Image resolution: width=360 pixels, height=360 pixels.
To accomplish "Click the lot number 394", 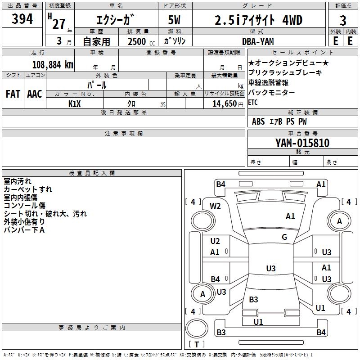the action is [x=22, y=19].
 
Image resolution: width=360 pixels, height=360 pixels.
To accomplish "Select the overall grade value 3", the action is [x=343, y=21].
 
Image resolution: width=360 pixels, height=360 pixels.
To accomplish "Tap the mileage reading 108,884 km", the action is [x=53, y=65].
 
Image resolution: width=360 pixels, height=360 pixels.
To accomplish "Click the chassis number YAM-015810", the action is [x=302, y=143].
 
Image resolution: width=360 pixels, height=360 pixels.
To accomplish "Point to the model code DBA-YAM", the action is [x=258, y=41].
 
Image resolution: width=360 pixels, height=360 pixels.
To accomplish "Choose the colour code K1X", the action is [x=75, y=104].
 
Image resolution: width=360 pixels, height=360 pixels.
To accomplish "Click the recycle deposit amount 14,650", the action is [x=224, y=104].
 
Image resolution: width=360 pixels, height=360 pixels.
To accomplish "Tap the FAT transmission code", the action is [x=13, y=94].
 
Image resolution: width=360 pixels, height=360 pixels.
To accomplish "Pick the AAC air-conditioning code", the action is [x=35, y=94].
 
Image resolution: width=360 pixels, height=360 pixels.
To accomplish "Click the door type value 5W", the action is [x=174, y=20].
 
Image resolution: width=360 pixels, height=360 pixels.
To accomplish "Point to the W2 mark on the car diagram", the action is [x=215, y=206].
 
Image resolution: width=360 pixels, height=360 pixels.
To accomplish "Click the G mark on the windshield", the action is [x=284, y=237].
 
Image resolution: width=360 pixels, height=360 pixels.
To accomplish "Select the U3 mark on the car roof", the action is [x=271, y=268].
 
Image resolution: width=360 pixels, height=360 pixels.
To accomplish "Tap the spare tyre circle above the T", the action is [x=197, y=328].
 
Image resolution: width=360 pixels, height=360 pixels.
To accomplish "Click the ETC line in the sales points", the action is [x=253, y=102].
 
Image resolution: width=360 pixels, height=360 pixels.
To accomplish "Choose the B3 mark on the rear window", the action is [x=253, y=299].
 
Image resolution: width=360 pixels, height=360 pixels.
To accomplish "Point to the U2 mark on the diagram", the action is [x=215, y=241].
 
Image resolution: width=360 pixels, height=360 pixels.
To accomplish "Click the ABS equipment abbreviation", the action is [x=258, y=121].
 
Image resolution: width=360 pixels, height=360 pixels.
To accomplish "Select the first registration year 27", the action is [x=59, y=24].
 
